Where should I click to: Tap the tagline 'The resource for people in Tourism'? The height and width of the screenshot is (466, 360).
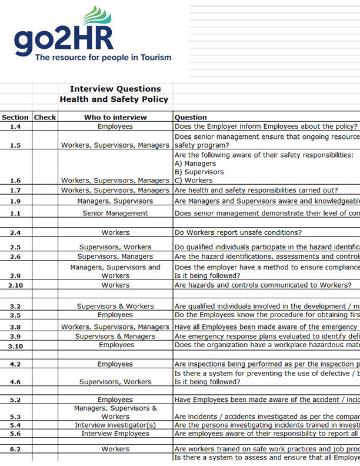103,58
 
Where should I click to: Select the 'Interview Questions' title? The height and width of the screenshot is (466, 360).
115,89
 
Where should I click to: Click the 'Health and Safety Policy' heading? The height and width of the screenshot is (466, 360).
114,99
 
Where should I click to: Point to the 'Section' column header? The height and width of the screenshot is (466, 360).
15,117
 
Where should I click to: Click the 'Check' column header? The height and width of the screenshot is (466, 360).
45,117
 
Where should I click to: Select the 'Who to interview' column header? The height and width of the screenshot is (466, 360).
115,117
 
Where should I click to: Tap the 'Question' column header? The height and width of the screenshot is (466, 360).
191,117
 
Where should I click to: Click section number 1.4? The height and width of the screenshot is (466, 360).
15,127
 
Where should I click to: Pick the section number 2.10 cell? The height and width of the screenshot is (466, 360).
15,285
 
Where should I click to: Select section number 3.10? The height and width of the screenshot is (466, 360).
15,346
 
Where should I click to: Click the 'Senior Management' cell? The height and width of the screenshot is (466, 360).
115,213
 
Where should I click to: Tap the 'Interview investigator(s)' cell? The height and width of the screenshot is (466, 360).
115,425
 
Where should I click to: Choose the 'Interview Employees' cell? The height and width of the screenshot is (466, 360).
115,434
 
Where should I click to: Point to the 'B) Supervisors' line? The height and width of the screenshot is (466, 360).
199,172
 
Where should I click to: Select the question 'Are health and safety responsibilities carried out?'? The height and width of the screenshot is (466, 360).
256,190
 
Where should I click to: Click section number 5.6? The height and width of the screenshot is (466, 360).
15,434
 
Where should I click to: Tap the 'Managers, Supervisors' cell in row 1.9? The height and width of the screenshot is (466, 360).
115,201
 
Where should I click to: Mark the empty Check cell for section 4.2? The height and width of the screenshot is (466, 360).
45,364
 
